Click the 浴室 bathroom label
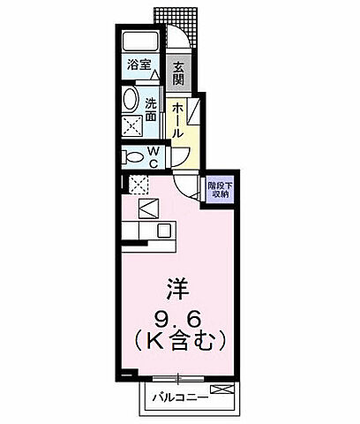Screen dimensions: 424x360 tap(139, 65)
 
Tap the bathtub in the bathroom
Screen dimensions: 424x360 tap(140, 42)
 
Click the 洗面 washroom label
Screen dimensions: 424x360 tap(151, 108)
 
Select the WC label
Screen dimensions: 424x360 tap(152, 157)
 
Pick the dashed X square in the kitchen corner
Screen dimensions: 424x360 tap(138, 184)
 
